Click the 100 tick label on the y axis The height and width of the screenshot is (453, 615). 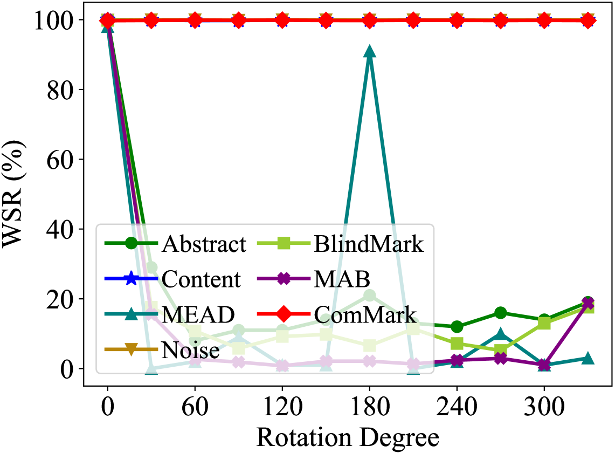tap(52, 20)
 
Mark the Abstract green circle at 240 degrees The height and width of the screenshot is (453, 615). tap(457, 327)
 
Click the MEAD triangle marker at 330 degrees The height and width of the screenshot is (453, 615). tap(588, 358)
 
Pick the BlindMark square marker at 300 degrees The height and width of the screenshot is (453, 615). tap(544, 323)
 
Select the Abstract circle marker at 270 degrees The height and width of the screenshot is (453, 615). tap(501, 313)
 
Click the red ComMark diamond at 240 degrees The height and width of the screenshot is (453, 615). tap(457, 21)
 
